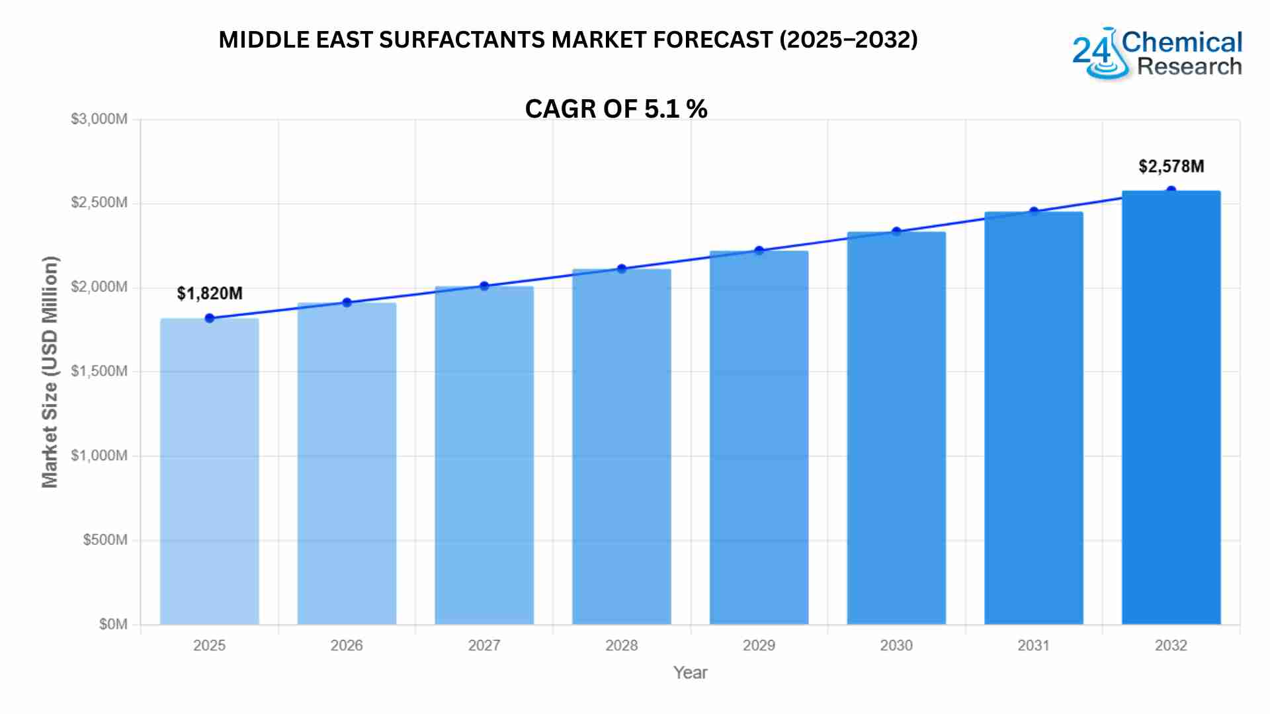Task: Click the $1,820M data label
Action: [x=210, y=294]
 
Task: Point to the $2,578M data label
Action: [x=1171, y=167]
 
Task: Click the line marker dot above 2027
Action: [x=484, y=286]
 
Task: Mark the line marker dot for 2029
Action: [x=759, y=251]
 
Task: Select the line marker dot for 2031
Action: [x=1034, y=212]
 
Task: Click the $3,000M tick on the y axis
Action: [x=99, y=120]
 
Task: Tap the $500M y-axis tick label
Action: [x=105, y=540]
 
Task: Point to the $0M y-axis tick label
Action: [x=113, y=625]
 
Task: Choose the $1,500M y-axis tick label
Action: [x=99, y=372]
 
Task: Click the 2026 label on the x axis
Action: [x=347, y=646]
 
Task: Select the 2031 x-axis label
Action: [x=1034, y=646]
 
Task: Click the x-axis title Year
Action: [x=690, y=673]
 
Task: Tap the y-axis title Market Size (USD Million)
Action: [x=50, y=372]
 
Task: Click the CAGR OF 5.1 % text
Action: [x=616, y=109]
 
